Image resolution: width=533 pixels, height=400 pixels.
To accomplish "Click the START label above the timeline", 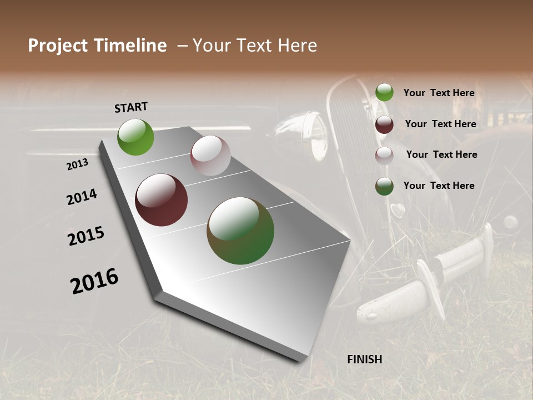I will [131, 107].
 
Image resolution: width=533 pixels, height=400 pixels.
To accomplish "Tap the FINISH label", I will [365, 359].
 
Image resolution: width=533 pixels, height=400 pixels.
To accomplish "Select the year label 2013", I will [78, 164].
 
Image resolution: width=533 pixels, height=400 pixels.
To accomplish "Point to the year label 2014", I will [82, 197].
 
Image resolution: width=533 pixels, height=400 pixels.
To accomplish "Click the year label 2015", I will [86, 236].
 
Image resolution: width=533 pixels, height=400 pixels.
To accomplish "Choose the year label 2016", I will [94, 281].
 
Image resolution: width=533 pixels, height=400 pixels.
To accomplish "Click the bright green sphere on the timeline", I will [135, 137].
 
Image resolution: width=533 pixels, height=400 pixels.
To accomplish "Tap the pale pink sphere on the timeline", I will [210, 156].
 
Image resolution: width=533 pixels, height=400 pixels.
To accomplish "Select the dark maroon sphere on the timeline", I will [162, 200].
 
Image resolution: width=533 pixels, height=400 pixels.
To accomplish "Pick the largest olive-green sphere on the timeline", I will [240, 231].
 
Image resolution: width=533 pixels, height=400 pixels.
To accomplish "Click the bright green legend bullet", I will [384, 93].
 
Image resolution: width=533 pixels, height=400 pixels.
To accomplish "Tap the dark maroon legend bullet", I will [384, 124].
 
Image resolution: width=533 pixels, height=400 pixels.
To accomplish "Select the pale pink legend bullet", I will [384, 156].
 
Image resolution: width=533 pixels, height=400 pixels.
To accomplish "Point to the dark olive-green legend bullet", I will [384, 186].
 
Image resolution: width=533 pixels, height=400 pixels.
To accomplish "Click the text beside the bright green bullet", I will [439, 93].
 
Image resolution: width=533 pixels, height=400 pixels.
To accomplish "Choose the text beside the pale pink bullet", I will [441, 154].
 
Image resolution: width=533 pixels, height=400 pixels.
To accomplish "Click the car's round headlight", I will [314, 133].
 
